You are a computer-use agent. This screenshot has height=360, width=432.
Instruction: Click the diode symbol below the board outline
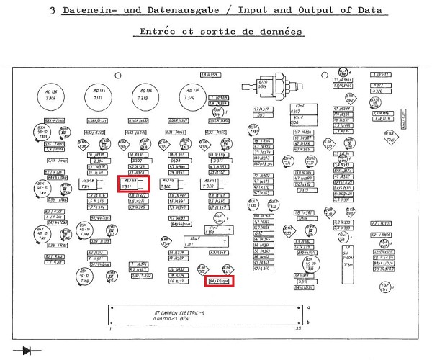click(x=30, y=351)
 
